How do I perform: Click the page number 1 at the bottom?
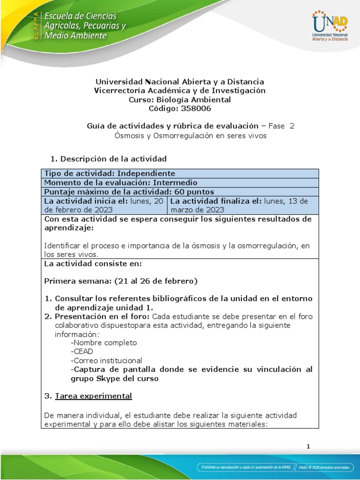[308, 446]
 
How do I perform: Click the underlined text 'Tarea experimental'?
[93, 396]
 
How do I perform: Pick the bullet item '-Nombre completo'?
[104, 343]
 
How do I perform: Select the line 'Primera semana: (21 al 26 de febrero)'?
[120, 281]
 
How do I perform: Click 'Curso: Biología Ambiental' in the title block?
[180, 99]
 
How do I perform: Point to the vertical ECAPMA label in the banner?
[35, 26]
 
